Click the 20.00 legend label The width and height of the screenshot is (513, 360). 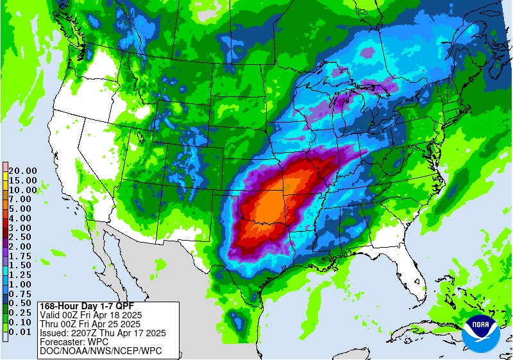[x=22, y=171]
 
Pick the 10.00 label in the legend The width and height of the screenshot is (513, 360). [x=22, y=190]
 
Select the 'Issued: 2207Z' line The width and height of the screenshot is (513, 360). [x=103, y=333]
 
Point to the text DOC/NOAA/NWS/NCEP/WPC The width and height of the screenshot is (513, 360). [x=101, y=351]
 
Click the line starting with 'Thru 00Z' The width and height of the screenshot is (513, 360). [x=90, y=324]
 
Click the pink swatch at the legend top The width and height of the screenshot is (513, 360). [x=4, y=167]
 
